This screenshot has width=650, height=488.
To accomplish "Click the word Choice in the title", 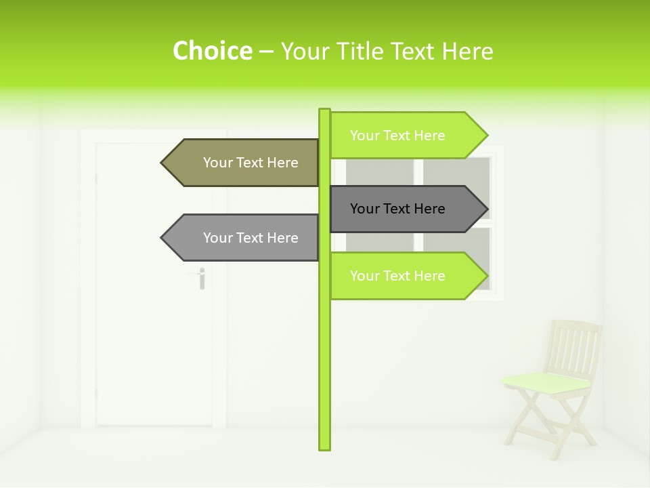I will click(212, 51).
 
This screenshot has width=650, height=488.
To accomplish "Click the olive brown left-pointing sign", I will click(251, 163).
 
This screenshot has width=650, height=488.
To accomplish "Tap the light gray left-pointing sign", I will click(251, 238).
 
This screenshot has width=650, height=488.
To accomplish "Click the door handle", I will click(201, 277).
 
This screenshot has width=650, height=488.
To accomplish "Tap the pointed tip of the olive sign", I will click(163, 163).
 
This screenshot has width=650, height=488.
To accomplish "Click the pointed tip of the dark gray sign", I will click(485, 209).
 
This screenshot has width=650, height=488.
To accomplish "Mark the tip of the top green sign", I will click(485, 136).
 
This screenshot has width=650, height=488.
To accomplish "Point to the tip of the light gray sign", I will click(163, 238).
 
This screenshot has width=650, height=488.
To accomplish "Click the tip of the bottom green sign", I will click(485, 276).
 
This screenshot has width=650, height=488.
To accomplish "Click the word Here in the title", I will click(467, 52).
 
